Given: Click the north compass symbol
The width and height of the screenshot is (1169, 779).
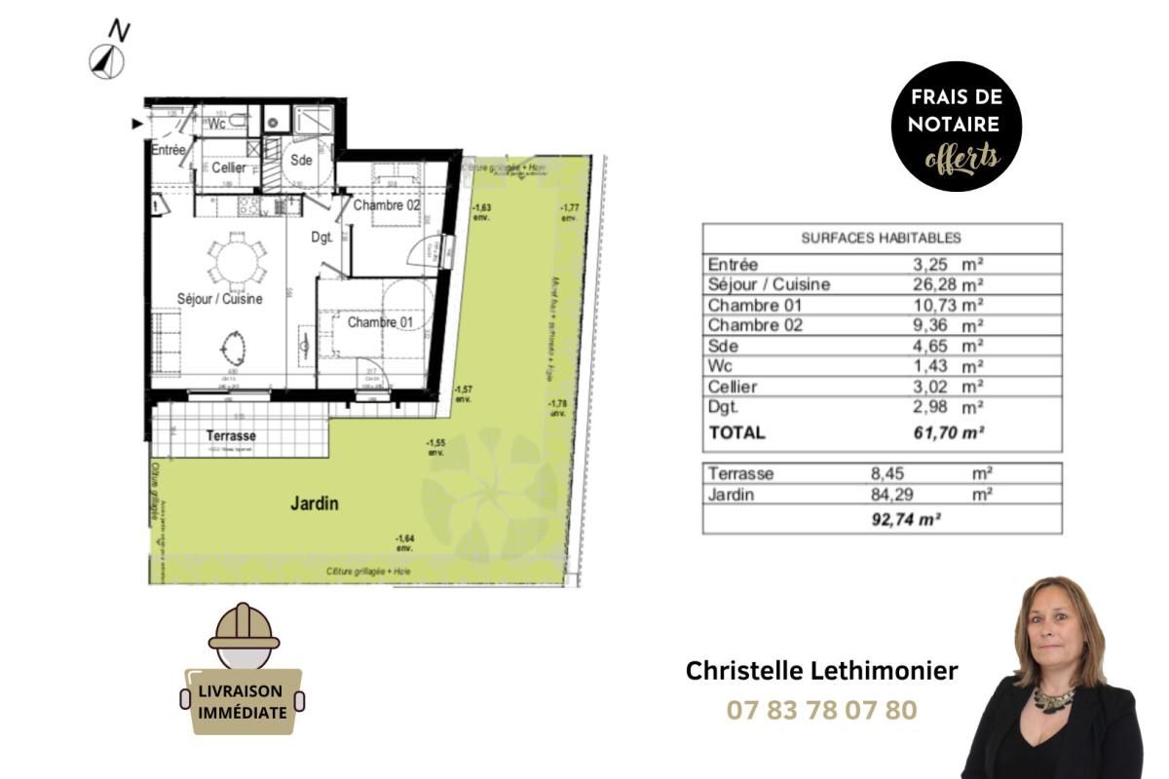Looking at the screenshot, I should coord(107,61).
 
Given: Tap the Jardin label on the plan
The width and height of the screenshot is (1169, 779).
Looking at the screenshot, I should coord(315,503).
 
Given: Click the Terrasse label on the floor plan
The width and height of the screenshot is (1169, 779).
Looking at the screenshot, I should coord(231,435).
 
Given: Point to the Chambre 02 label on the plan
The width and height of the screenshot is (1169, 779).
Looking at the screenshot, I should coord(387,205).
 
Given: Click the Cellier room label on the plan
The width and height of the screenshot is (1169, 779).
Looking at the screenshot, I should coord(229,167).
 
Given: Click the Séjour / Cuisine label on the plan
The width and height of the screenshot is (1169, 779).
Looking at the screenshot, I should coord(219,299).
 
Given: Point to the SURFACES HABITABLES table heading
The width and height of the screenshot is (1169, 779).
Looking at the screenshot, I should coord(881,238).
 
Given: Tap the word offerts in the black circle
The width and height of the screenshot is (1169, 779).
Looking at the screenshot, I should coord(962,156).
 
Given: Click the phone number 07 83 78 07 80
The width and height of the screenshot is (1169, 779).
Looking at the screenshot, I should coord(821,710).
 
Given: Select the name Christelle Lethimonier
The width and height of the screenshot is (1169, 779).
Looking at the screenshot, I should coord(821,671).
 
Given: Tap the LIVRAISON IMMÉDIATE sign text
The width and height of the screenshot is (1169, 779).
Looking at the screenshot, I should coord(243,701).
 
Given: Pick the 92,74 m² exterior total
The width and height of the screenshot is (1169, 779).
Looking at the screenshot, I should coord(905,520).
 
